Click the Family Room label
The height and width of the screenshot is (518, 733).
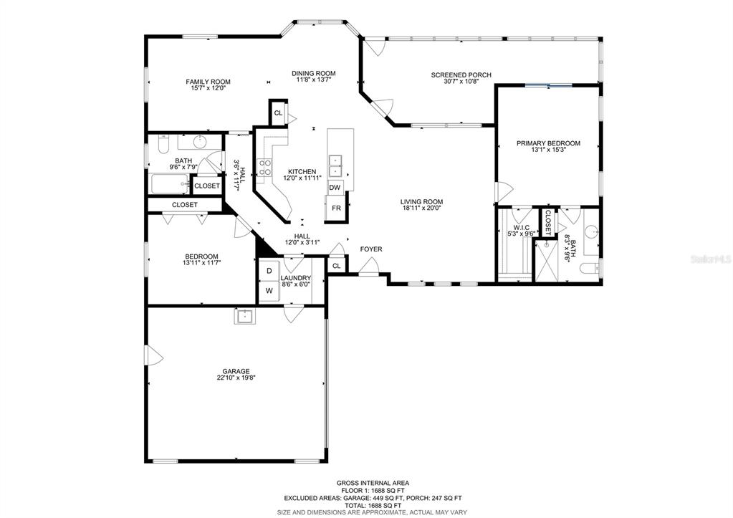(x=208, y=82)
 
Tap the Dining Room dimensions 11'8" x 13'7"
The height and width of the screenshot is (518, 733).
(x=314, y=80)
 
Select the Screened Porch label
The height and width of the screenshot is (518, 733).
(x=461, y=75)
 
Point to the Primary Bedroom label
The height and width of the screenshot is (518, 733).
(x=548, y=143)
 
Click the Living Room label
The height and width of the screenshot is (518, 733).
(x=421, y=202)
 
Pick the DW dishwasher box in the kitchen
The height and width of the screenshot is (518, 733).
(x=335, y=188)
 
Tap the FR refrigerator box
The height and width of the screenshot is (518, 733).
(x=336, y=208)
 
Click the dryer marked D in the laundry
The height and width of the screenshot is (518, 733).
(x=269, y=271)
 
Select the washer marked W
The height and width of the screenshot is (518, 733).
(x=269, y=290)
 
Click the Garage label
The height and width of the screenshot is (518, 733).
(x=236, y=372)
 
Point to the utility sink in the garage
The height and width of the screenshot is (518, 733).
(x=244, y=317)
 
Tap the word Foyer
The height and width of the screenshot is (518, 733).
(x=370, y=249)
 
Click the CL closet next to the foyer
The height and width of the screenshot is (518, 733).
(x=337, y=266)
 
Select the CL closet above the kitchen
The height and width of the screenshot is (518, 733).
(x=278, y=112)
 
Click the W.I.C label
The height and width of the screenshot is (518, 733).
(x=521, y=228)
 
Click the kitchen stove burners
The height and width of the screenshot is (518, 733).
(x=265, y=168)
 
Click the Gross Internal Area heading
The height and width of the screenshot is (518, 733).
(x=373, y=483)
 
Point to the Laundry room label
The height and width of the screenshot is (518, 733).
(x=295, y=278)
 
